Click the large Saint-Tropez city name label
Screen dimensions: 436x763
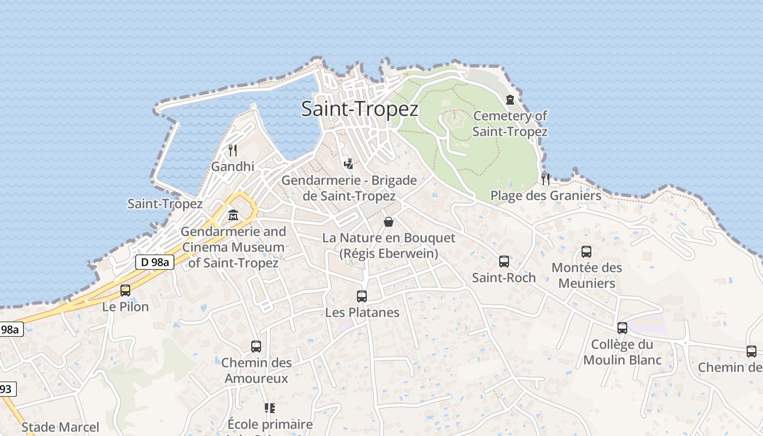point(360,109)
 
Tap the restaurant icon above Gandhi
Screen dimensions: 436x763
point(233,150)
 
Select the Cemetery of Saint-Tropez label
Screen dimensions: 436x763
point(510,124)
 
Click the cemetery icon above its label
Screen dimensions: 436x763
point(510,100)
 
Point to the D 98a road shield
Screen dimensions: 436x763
point(154,262)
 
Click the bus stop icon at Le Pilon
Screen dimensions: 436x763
point(125,290)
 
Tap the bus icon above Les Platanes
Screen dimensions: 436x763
point(362,296)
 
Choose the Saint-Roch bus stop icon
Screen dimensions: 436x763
point(504,262)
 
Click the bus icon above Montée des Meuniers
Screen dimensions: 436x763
point(586,252)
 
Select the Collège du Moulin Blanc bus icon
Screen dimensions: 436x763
point(622,328)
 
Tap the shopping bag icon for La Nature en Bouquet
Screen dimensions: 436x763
point(389,222)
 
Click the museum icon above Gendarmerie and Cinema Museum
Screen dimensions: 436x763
point(233,215)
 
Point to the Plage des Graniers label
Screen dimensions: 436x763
point(546,196)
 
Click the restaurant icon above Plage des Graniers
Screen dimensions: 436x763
point(546,179)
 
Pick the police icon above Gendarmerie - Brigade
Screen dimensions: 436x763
point(349,163)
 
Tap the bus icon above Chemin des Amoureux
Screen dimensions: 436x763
point(256,347)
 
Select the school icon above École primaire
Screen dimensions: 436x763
point(269,408)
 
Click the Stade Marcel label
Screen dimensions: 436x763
point(60,427)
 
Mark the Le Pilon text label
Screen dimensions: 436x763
point(125,307)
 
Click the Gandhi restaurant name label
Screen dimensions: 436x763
point(233,167)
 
